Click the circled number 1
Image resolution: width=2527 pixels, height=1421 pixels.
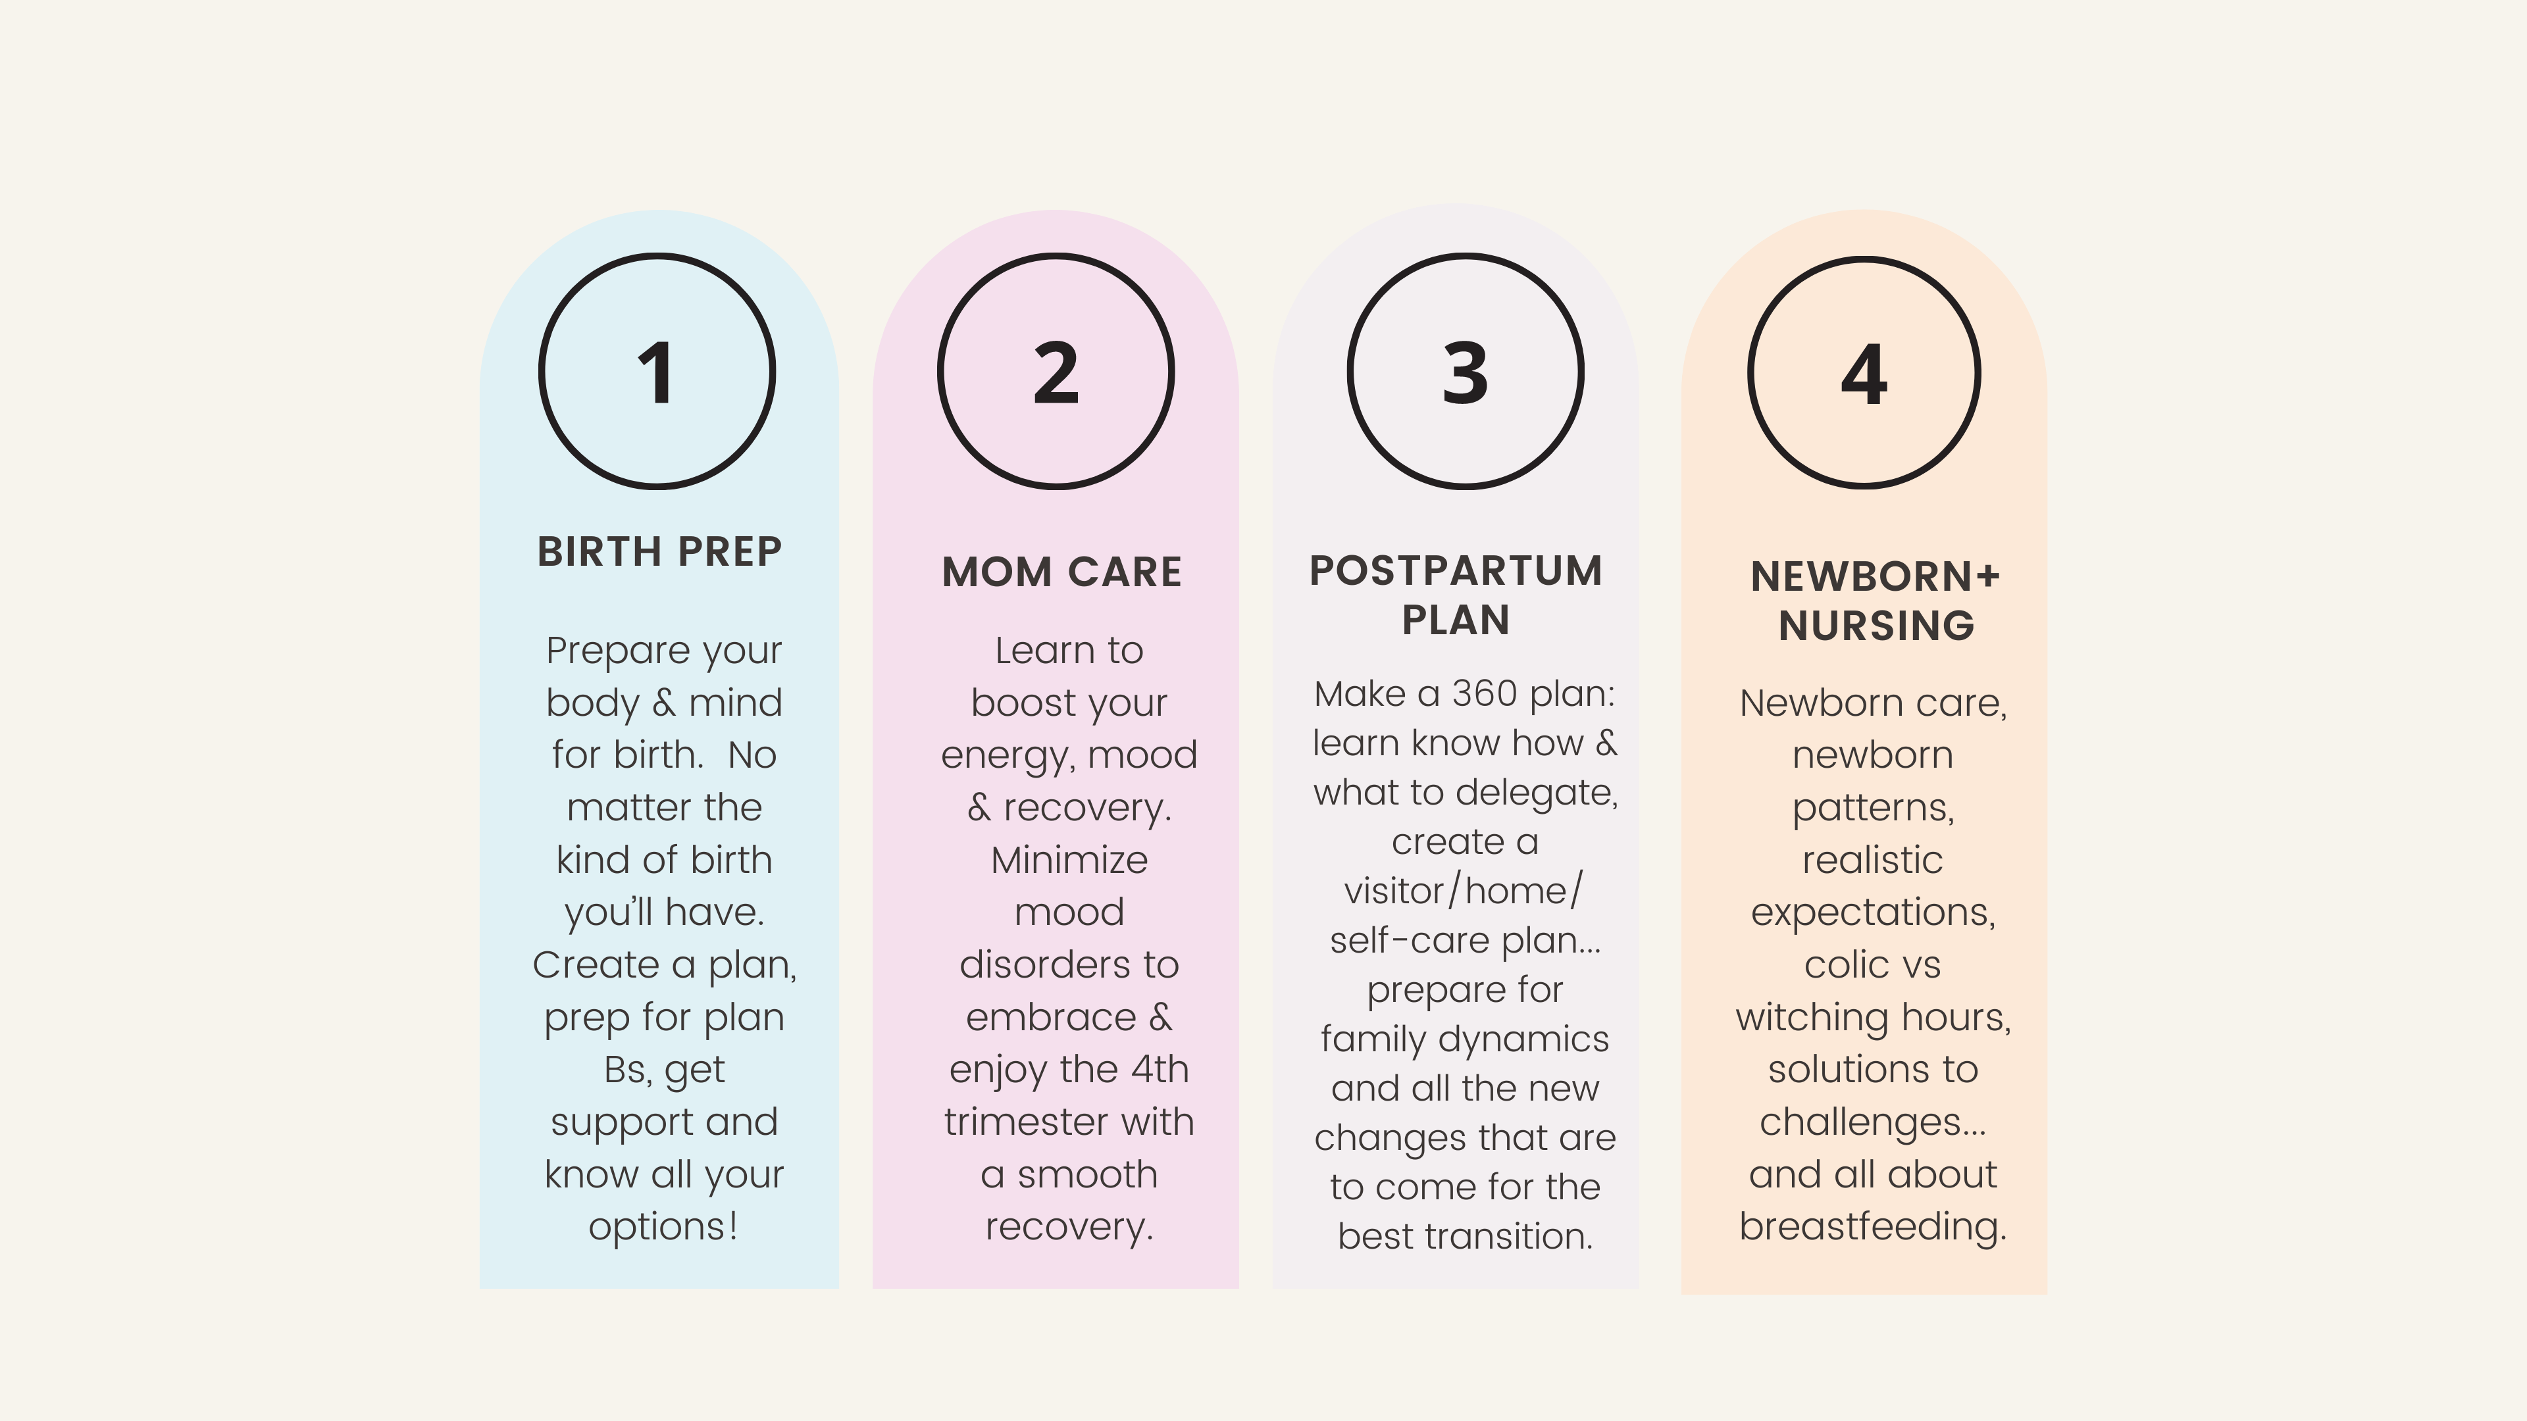(656, 372)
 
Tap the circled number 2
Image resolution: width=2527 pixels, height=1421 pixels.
(1056, 372)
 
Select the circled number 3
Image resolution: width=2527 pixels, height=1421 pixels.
(1466, 372)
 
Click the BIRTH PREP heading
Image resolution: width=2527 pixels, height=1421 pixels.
(659, 551)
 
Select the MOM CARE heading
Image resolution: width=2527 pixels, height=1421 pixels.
(1061, 572)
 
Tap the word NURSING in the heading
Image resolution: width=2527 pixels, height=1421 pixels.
(1876, 626)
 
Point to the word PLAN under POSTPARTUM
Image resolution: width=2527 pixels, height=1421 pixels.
(1456, 620)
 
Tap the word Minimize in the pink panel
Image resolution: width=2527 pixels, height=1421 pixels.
(1069, 860)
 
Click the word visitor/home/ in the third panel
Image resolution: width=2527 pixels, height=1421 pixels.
(1464, 891)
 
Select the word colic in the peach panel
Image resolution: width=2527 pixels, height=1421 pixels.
(1833, 965)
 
